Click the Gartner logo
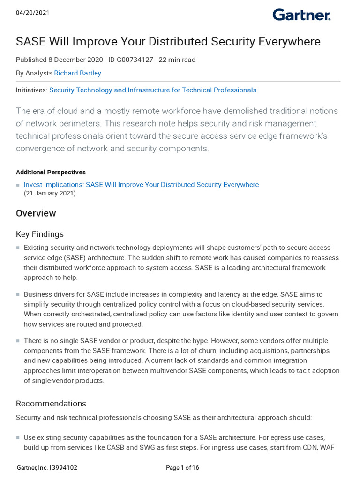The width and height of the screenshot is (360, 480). click(x=301, y=15)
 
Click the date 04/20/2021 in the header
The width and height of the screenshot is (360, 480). click(x=33, y=13)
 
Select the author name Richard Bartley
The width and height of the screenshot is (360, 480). click(x=77, y=73)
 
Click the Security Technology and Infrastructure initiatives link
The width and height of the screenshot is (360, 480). click(x=153, y=90)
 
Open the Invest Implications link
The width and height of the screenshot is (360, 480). click(x=141, y=185)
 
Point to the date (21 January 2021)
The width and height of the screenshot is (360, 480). click(x=50, y=193)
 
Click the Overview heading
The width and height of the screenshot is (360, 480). click(x=36, y=213)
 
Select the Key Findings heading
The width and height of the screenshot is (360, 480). click(x=40, y=234)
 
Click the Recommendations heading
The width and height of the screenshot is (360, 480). click(x=51, y=404)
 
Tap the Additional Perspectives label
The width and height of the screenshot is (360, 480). click(x=51, y=172)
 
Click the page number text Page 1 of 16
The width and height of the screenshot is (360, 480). click(x=182, y=467)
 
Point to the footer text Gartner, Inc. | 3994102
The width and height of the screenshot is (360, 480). click(x=47, y=467)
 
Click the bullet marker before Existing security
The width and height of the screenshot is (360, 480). click(x=18, y=247)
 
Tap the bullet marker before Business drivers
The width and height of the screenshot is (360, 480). click(x=18, y=294)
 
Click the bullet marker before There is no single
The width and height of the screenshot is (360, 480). click(x=18, y=341)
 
